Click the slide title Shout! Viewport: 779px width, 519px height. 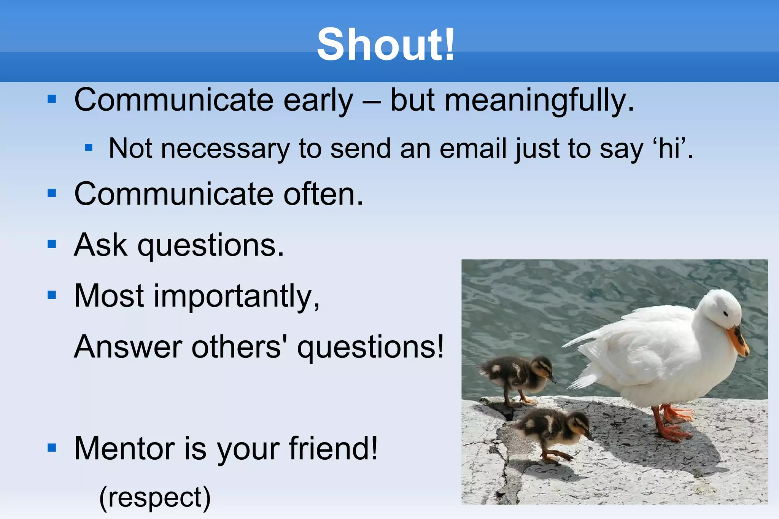(386, 45)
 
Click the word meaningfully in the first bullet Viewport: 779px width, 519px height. (539, 100)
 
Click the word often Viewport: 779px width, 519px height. (323, 194)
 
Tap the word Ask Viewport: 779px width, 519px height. (100, 245)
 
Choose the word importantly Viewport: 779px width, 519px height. (236, 297)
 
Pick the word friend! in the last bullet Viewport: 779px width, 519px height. (333, 448)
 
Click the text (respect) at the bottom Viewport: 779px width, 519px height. (155, 497)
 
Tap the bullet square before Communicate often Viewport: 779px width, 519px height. (52, 193)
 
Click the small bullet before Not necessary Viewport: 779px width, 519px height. (89, 148)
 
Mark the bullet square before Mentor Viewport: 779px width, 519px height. (52, 448)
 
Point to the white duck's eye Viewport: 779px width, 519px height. (725, 314)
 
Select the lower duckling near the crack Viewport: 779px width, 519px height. (553, 430)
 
